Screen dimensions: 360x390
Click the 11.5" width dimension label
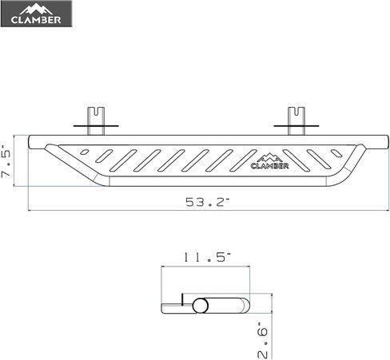(x=206, y=258)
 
